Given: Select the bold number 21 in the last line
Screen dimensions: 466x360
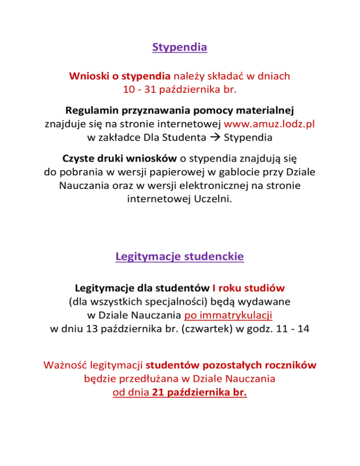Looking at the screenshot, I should [158, 391].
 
